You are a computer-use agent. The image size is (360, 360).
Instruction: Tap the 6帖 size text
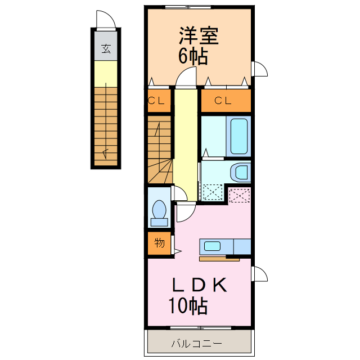click(x=193, y=57)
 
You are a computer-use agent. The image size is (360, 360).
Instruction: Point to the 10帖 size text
click(x=188, y=306)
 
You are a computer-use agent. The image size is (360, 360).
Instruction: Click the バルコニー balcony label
click(x=196, y=344)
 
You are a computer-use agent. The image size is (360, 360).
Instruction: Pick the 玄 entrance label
click(x=105, y=48)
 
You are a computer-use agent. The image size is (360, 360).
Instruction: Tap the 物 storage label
click(x=159, y=243)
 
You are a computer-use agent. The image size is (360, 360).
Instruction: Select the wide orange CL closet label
click(x=223, y=101)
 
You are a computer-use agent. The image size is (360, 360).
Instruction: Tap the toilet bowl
click(x=159, y=212)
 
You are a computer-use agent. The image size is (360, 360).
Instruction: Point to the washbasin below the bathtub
click(x=240, y=172)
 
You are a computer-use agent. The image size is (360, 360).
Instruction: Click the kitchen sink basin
click(x=213, y=246)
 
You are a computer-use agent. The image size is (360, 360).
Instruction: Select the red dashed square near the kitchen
click(x=240, y=195)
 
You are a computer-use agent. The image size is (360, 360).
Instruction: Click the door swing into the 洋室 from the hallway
click(x=186, y=79)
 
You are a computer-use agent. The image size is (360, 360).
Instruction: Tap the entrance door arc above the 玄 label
click(x=106, y=20)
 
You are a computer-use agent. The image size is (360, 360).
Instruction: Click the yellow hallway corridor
click(x=185, y=141)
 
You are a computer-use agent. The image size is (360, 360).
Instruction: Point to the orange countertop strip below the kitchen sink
click(x=219, y=259)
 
